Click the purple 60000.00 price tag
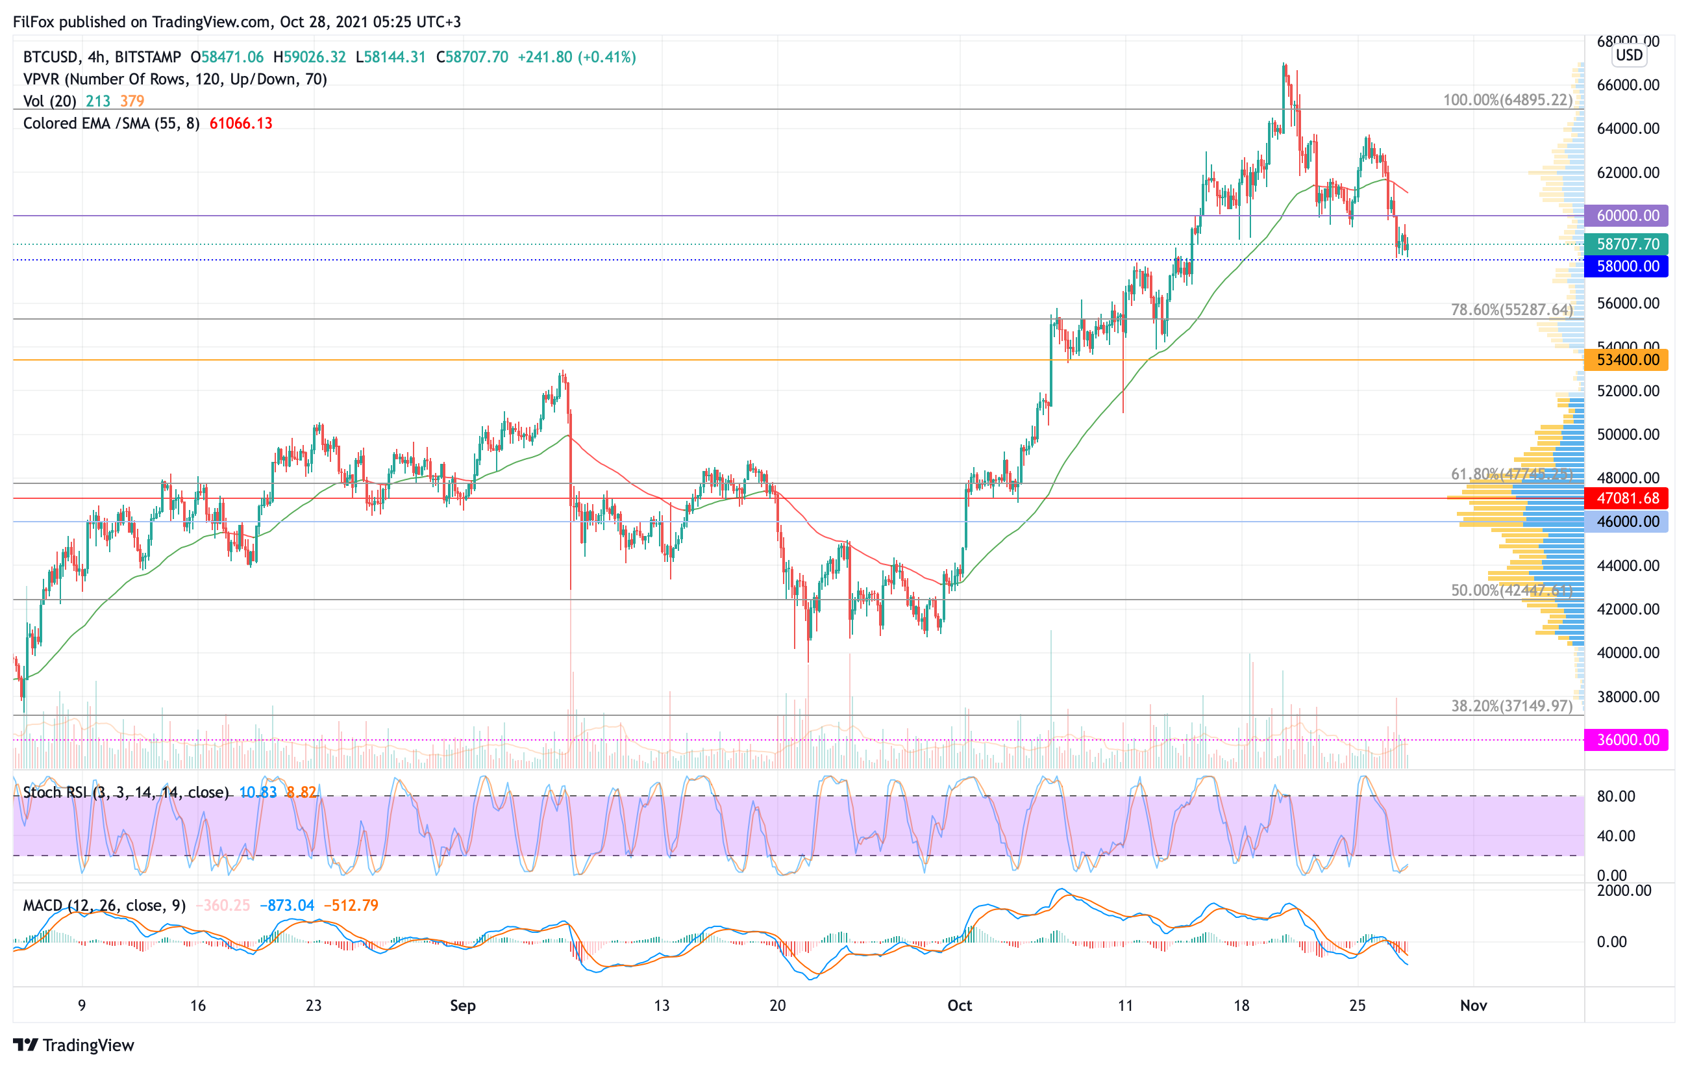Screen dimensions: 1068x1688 coord(1626,216)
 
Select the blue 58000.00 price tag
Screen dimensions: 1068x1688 coord(1626,266)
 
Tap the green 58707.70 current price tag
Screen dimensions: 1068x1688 coord(1626,244)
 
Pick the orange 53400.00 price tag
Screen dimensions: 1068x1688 coord(1626,361)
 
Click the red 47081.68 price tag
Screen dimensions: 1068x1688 coord(1626,498)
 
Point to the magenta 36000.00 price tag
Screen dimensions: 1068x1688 coord(1626,740)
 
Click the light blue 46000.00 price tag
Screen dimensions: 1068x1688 coord(1626,522)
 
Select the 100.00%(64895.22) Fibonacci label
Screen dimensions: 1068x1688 coord(1507,100)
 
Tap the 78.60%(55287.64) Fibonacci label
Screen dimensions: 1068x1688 coord(1511,310)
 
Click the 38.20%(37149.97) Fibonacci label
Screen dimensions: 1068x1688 coord(1511,706)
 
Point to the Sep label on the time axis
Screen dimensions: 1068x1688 coord(463,1006)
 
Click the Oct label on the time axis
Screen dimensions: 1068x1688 coord(960,1006)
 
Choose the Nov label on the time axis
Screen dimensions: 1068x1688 coord(1474,1006)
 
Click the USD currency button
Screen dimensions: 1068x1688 coord(1629,55)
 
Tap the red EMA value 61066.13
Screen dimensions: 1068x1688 coord(240,124)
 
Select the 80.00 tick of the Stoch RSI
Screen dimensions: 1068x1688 coord(1616,796)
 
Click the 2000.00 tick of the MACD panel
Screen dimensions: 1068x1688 coord(1624,891)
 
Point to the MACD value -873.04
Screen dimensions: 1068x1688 coord(287,906)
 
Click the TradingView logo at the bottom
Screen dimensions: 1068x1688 coord(73,1045)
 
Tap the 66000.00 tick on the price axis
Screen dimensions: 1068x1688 coord(1628,86)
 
